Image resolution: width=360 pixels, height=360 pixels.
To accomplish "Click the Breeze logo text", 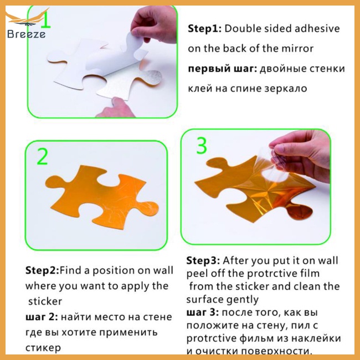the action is pos(26,34).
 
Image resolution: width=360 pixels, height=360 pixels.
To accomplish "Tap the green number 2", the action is pos(42,156).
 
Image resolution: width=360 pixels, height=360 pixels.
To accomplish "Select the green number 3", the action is pos(202,146).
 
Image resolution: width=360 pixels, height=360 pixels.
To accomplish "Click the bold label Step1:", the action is pos(204,29).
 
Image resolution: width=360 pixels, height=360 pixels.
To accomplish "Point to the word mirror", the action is pos(297,48).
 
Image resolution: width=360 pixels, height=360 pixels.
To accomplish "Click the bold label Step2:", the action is pos(42,270).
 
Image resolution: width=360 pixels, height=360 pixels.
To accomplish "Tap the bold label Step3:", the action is pos(203,261).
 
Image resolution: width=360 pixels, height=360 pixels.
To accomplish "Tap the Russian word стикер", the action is pos(43,348).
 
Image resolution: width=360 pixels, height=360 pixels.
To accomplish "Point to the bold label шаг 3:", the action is pos(203,312).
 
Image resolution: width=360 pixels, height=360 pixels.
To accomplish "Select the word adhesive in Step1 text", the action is pos(317,28).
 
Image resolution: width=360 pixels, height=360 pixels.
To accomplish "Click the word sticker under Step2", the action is pos(45,301).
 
